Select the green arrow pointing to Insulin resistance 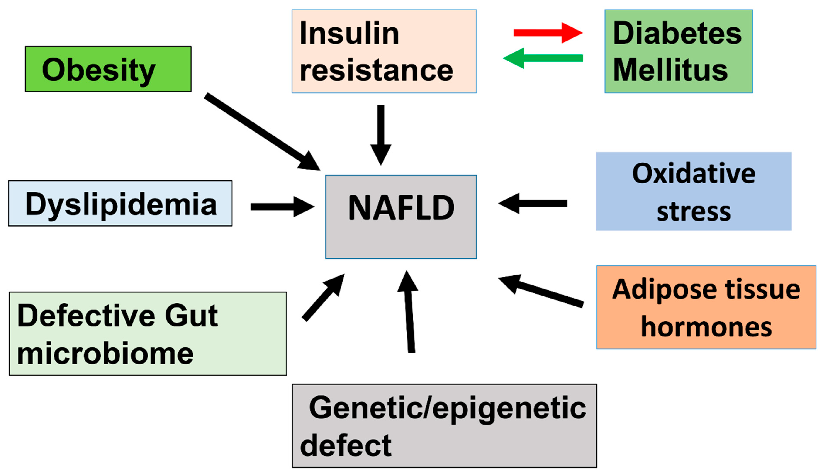click(x=543, y=58)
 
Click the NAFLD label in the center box click(x=401, y=208)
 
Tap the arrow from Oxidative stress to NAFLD click(x=534, y=204)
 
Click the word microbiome click(x=105, y=354)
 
